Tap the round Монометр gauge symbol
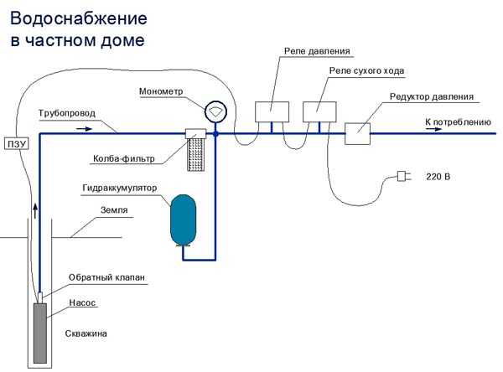[x=215, y=111]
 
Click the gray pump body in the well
[x=40, y=332]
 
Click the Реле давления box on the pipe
[x=272, y=111]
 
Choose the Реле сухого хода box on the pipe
[x=319, y=111]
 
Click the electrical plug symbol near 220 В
[x=402, y=176]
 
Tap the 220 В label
[x=438, y=177]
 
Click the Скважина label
[x=86, y=333]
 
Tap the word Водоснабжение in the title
[x=79, y=18]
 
